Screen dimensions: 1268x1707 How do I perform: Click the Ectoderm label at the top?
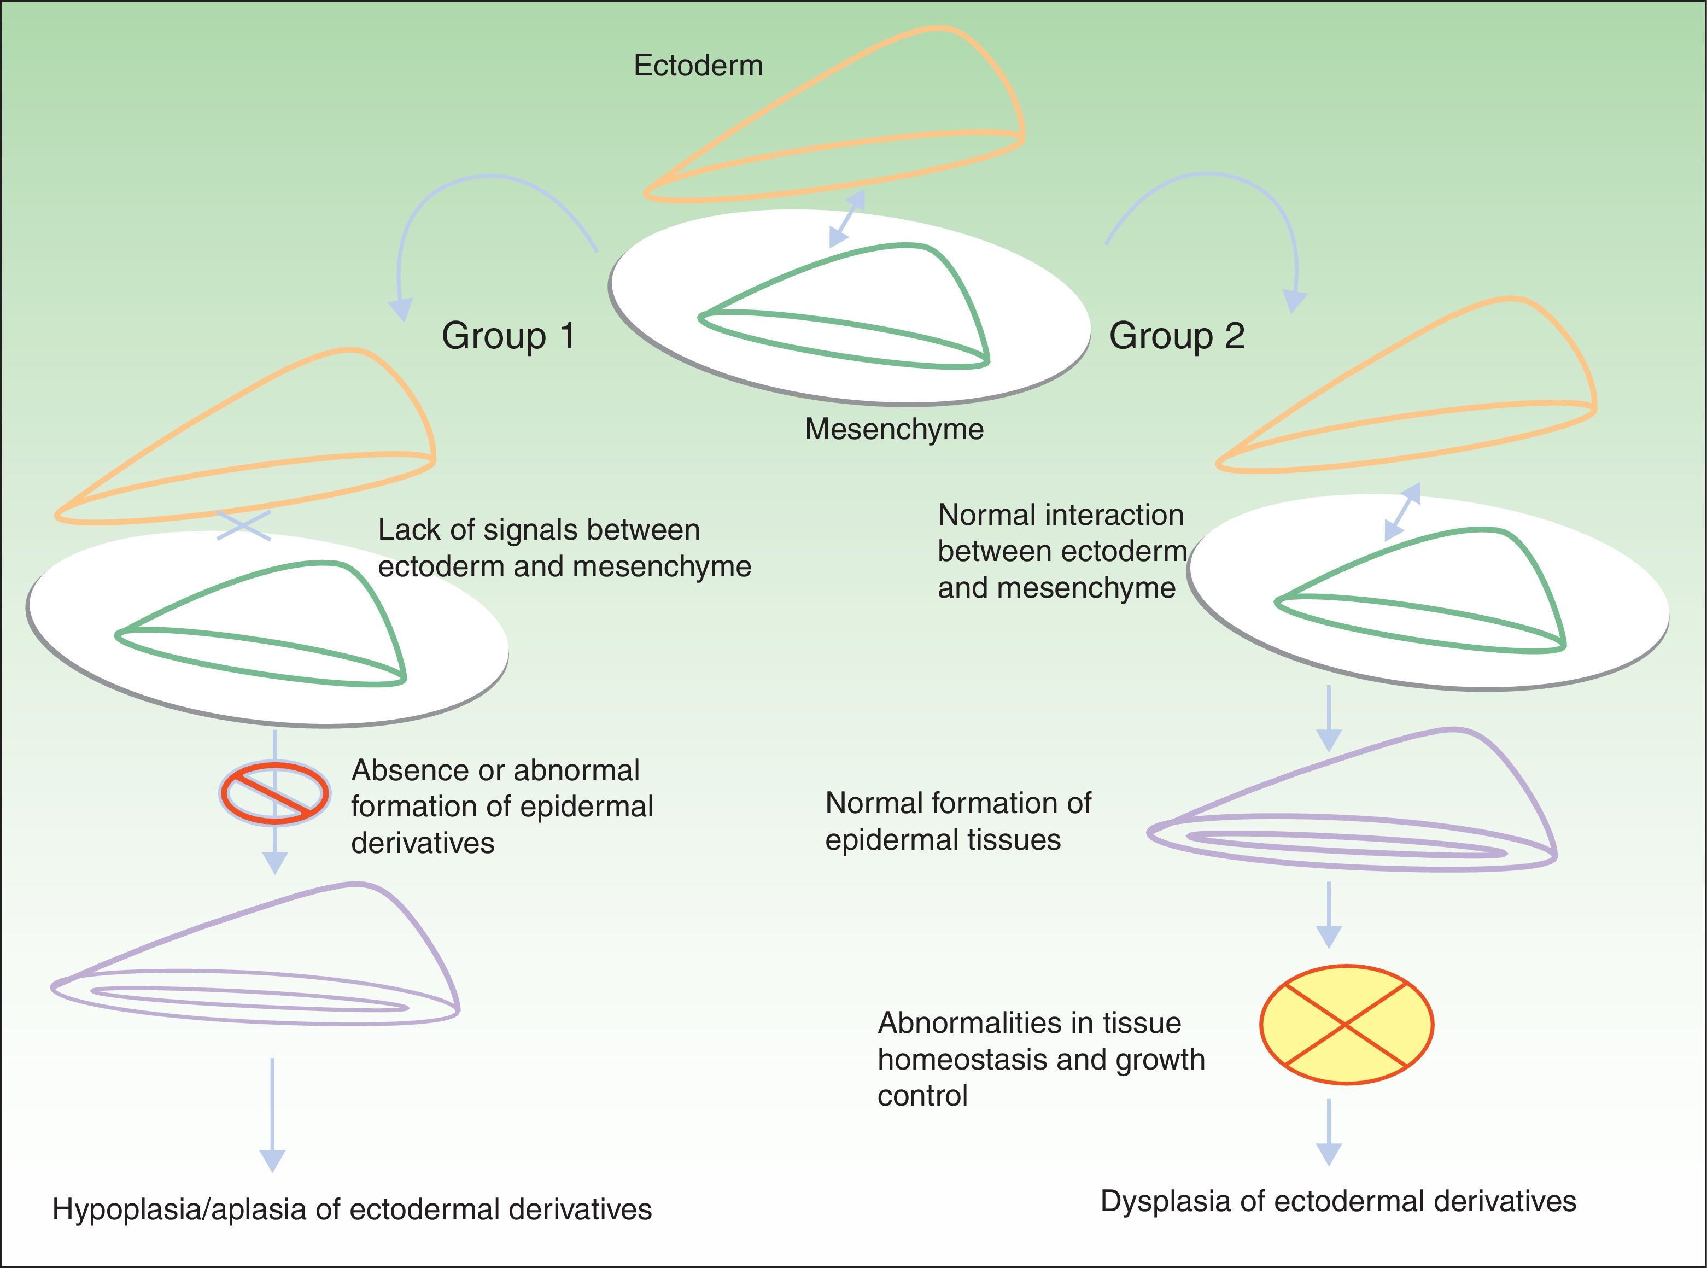pyautogui.click(x=698, y=66)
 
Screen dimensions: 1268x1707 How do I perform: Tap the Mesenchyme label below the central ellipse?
pyautogui.click(x=893, y=429)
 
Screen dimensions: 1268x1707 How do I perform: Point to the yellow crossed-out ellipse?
pyautogui.click(x=1346, y=1024)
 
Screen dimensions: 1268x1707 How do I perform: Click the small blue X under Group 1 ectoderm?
pyautogui.click(x=244, y=525)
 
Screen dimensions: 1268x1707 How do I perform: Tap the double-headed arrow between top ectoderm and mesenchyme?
pyautogui.click(x=847, y=219)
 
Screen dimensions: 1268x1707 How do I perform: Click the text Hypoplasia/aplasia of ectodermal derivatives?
pyautogui.click(x=352, y=1209)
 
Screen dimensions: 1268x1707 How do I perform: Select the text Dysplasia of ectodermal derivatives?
pyautogui.click(x=1338, y=1201)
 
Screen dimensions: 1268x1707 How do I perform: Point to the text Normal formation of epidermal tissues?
pyautogui.click(x=957, y=821)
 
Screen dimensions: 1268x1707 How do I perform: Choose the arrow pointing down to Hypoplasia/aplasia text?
pyautogui.click(x=272, y=1117)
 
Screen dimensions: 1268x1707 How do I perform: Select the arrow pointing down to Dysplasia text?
pyautogui.click(x=1329, y=1133)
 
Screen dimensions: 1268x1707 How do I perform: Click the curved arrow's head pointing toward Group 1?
pyautogui.click(x=400, y=308)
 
